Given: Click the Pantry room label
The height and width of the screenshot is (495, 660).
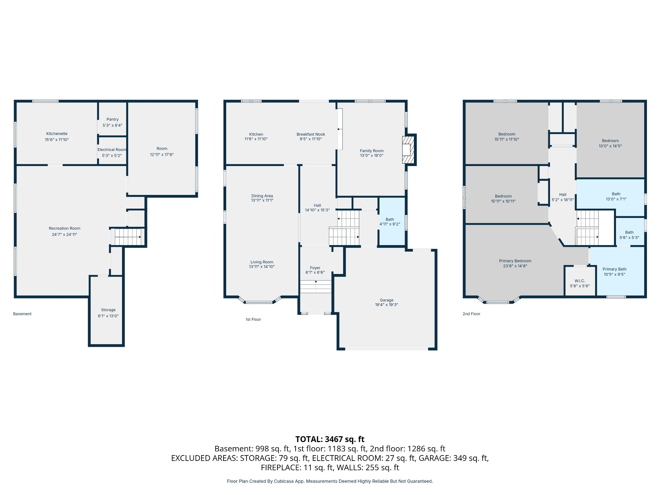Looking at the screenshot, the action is click(112, 119).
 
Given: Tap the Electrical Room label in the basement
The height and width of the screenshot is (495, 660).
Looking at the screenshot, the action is click(112, 150).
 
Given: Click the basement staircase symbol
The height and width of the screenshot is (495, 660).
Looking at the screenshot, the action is click(128, 237).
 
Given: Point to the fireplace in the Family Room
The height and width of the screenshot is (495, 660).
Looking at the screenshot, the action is click(408, 150).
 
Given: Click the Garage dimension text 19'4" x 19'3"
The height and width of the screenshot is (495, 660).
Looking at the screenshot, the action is click(386, 305).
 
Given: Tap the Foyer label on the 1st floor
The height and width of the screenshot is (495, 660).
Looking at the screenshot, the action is click(315, 268).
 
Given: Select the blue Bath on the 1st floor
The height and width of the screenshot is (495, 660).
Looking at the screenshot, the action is click(392, 221).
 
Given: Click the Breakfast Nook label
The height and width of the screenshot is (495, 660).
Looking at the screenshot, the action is click(311, 134).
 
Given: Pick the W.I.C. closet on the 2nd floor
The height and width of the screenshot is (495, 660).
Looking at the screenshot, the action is click(580, 281).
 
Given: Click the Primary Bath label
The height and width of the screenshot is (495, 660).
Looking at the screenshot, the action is click(614, 269).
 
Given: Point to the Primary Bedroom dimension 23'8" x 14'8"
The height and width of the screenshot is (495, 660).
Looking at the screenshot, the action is click(515, 266).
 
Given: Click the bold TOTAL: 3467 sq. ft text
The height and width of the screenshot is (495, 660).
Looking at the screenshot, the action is click(330, 439).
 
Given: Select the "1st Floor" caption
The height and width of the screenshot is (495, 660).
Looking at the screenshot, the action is click(253, 319).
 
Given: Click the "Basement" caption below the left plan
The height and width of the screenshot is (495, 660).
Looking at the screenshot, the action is click(22, 314).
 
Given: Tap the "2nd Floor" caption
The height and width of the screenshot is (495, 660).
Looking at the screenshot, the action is click(471, 314).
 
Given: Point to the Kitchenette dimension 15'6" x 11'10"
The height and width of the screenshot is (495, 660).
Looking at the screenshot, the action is click(57, 140).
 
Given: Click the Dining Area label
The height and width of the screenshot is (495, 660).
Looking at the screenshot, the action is click(262, 196).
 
